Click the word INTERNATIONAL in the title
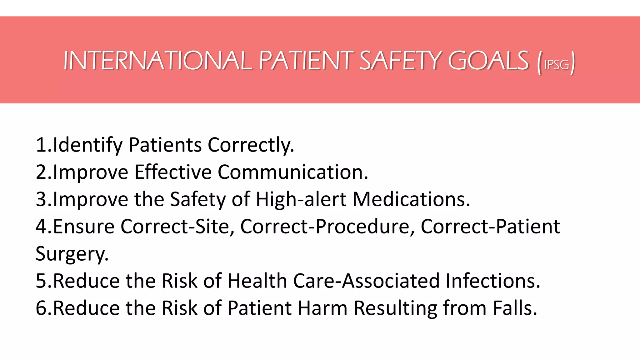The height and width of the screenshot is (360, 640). coord(157,61)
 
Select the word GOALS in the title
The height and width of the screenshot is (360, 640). coord(488,61)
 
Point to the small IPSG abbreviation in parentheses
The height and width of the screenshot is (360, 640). coord(557,64)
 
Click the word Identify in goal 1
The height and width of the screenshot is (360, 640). coord(88,145)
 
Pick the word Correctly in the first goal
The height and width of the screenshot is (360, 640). coord(251,145)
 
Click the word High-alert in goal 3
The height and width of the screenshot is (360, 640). coord(301,199)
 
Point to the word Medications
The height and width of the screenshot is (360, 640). coord(411,199)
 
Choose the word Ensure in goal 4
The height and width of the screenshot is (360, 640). coord(84,226)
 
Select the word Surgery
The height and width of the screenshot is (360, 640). coord(72,253)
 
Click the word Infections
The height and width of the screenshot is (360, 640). coord(492,281)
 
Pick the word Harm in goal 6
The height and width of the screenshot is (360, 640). coord(322,308)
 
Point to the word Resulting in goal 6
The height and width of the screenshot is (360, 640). coord(395,308)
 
